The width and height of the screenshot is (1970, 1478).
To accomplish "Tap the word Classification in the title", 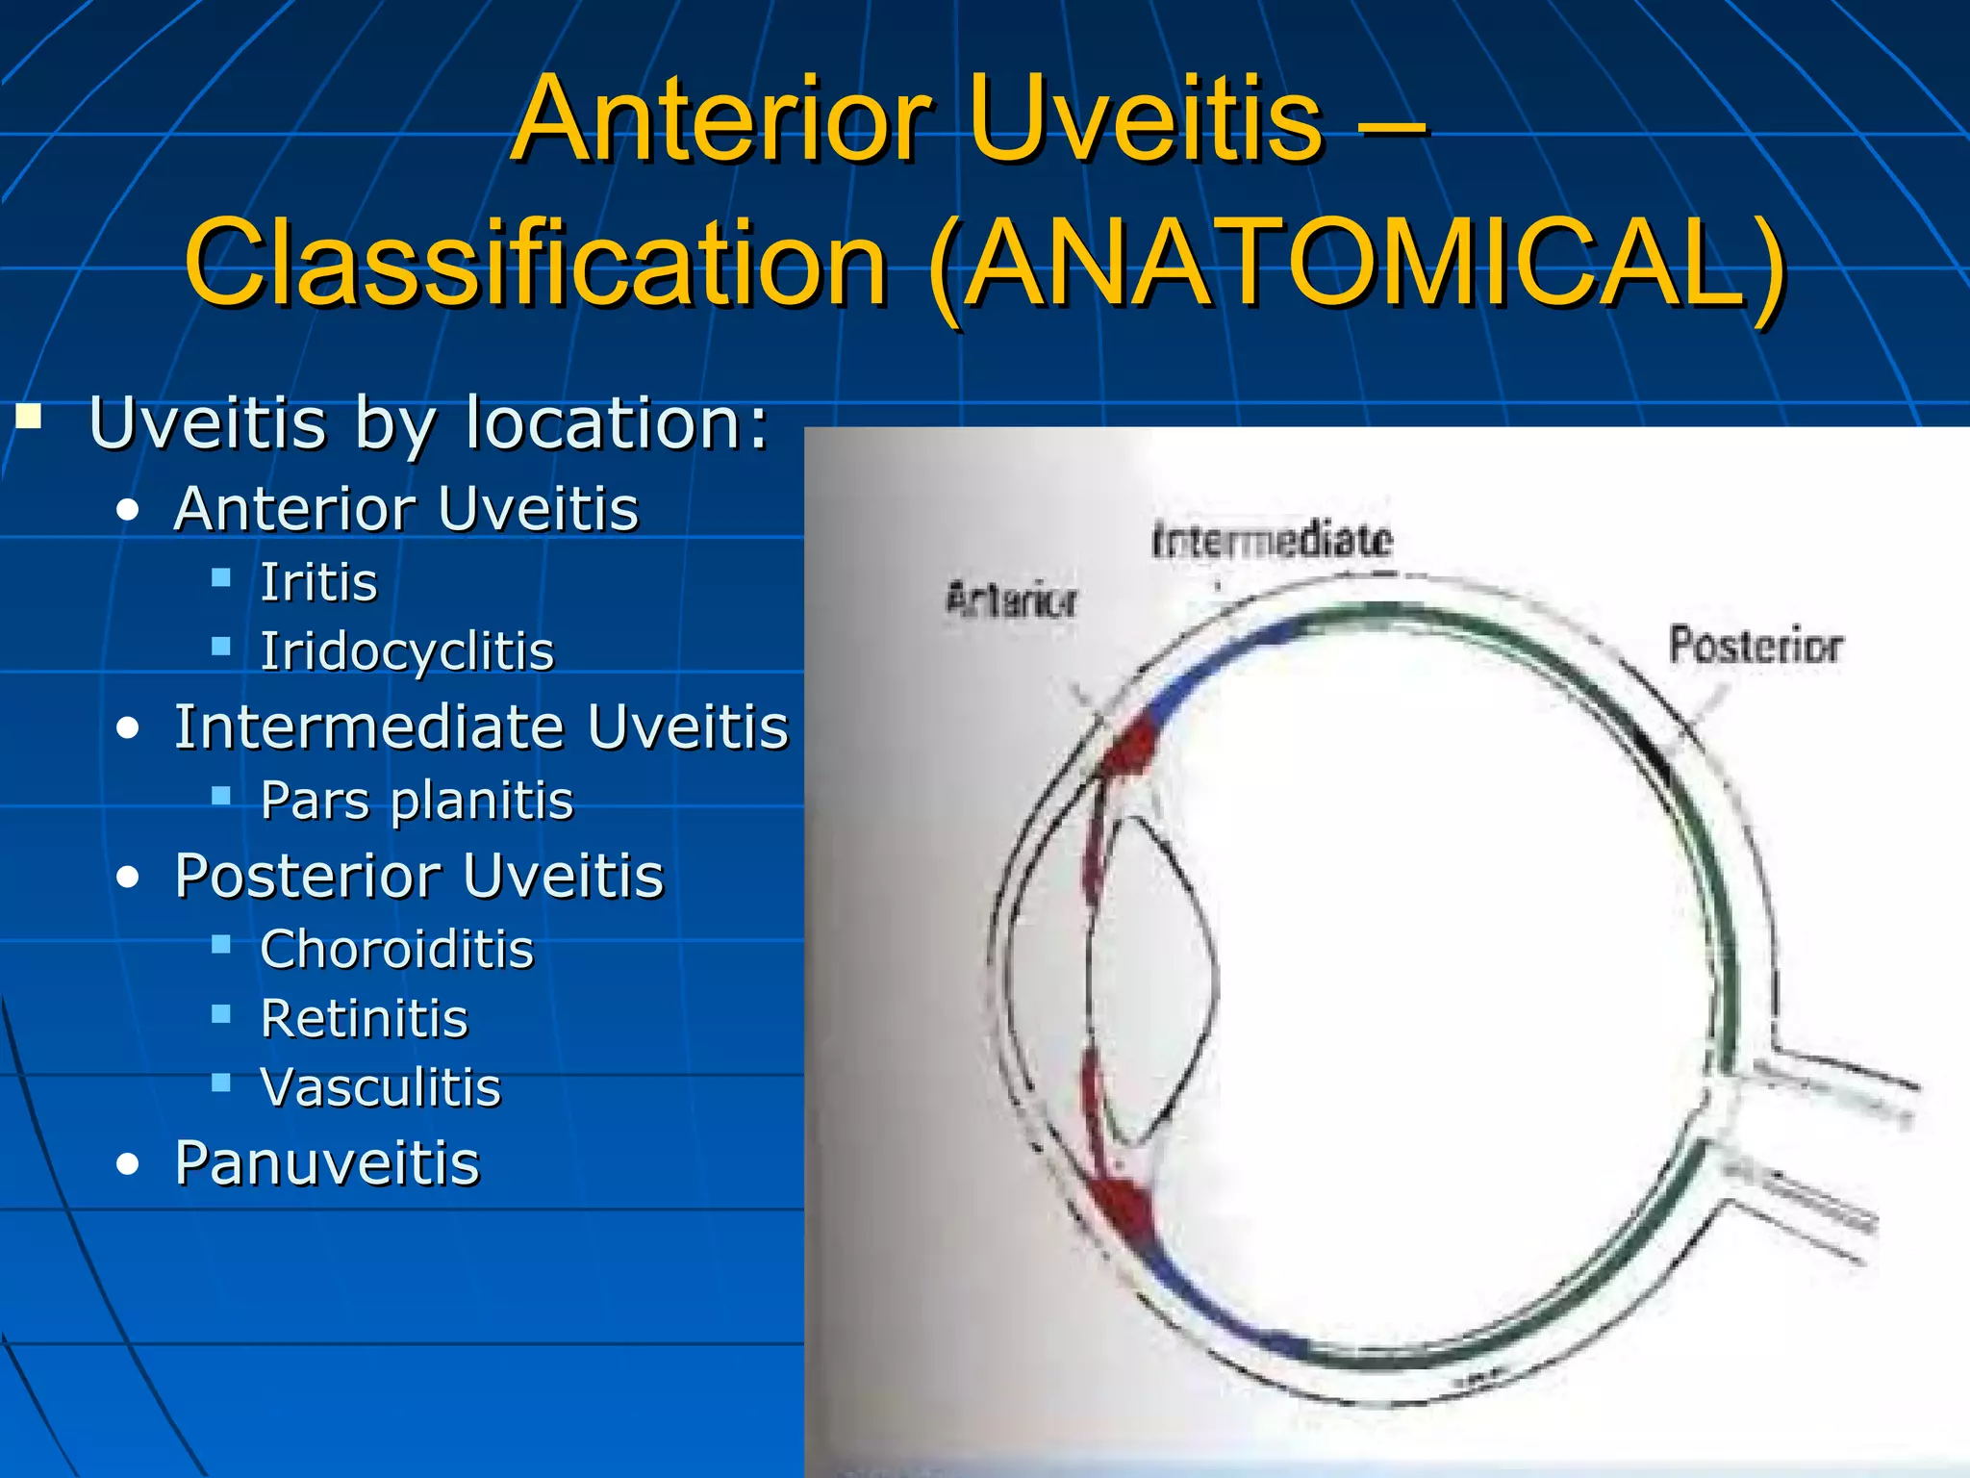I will pos(537,262).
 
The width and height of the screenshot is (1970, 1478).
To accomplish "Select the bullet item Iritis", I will pos(318,582).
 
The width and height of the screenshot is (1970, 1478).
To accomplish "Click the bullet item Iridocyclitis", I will pos(407,651).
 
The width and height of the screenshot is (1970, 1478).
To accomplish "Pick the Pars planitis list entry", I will pos(417,801).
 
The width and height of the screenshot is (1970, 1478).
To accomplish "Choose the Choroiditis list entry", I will pos(396,950).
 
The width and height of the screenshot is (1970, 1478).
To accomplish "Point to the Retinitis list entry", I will pos(364,1019).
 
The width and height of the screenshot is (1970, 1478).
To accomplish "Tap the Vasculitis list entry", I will pos(381,1088).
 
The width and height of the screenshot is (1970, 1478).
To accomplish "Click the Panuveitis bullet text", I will pos(327,1163).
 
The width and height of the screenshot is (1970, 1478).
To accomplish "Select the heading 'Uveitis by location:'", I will pos(429,422).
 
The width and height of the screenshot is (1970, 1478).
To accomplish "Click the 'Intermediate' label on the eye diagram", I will pos(1272,541).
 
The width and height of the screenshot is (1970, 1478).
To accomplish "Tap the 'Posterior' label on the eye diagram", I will pos(1755,645).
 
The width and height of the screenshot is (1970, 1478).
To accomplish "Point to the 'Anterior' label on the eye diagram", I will pos(1011,600).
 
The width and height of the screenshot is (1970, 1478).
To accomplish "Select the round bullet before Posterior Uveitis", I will pos(128,878).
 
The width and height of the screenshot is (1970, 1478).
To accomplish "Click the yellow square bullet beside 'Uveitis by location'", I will pos(29,418).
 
